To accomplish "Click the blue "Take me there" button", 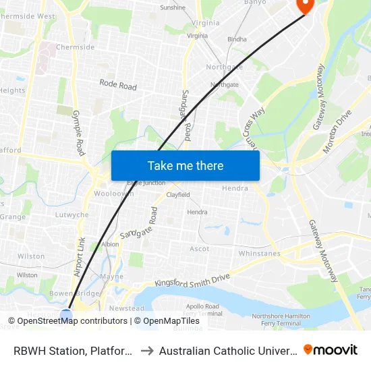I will pyautogui.click(x=185, y=166).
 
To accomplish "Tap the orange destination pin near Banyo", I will pyautogui.click(x=304, y=5).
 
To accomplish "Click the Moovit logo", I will pyautogui.click(x=331, y=349).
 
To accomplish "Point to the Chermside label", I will pyautogui.click(x=75, y=47).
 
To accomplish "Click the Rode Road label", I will pyautogui.click(x=118, y=86).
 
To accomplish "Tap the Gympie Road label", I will pyautogui.click(x=79, y=132).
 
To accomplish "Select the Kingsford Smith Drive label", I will pyautogui.click(x=192, y=280).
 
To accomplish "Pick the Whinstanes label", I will pyautogui.click(x=259, y=254).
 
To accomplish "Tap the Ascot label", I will pyautogui.click(x=199, y=249).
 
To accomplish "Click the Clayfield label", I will pyautogui.click(x=178, y=195).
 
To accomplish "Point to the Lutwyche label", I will pyautogui.click(x=72, y=215).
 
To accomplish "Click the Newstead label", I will pyautogui.click(x=126, y=308).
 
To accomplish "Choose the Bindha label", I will pyautogui.click(x=237, y=39).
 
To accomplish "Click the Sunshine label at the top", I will pyautogui.click(x=173, y=8).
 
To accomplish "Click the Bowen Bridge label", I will pyautogui.click(x=74, y=293).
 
